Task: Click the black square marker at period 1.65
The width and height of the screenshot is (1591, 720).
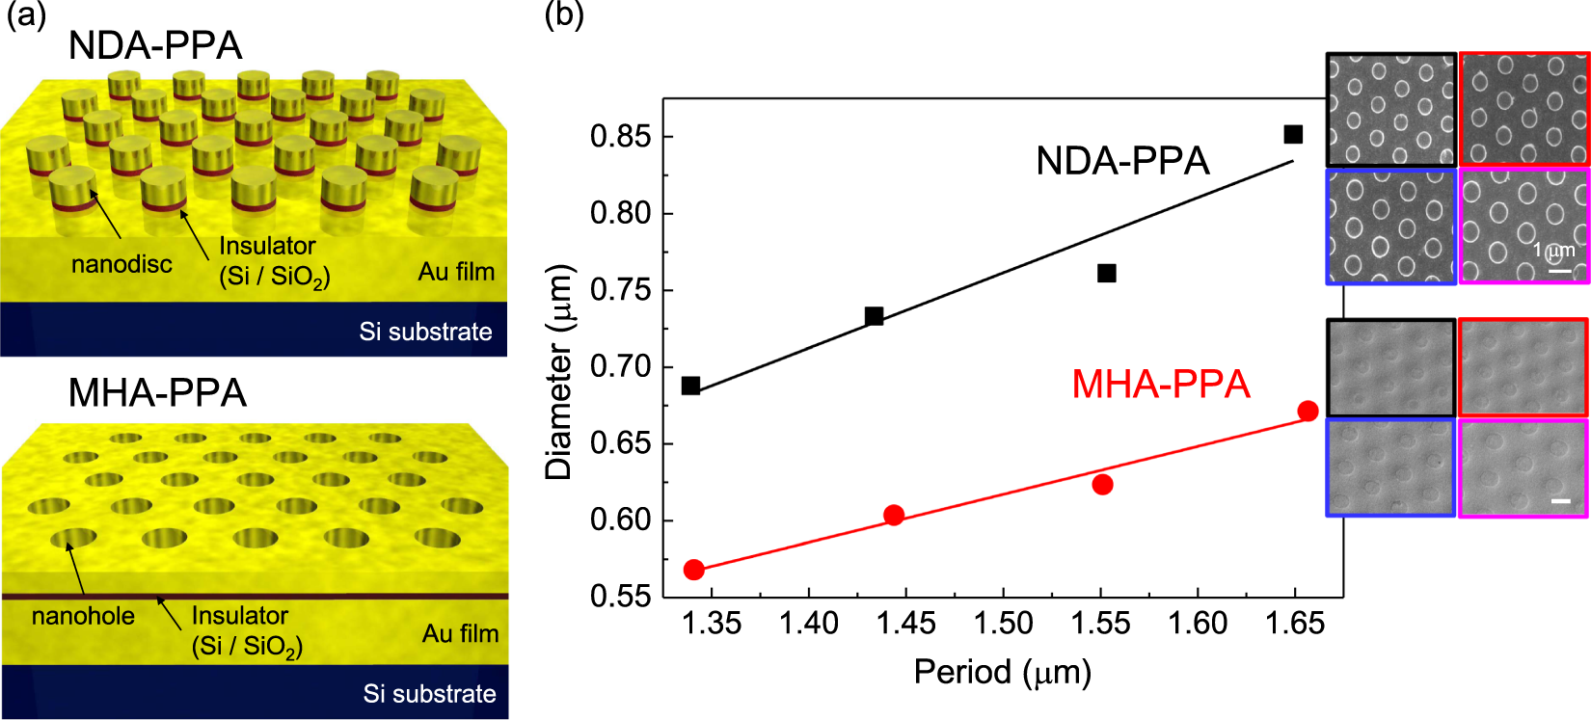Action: click(x=1293, y=134)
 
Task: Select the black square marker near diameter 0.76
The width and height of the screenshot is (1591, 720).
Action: click(x=1107, y=274)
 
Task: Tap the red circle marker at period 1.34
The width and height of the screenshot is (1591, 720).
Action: click(x=693, y=570)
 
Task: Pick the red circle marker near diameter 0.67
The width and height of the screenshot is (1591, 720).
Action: click(x=1308, y=412)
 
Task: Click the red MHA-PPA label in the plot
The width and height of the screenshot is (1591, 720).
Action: click(x=1160, y=385)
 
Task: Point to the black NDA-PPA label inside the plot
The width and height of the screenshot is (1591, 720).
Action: click(x=1122, y=161)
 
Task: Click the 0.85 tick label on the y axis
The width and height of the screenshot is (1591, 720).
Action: click(x=620, y=137)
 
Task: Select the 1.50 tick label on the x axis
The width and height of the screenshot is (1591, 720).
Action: click(x=1003, y=624)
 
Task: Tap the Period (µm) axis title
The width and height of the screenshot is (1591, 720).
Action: click(x=1002, y=672)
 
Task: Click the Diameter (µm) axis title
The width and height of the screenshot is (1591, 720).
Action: click(x=559, y=371)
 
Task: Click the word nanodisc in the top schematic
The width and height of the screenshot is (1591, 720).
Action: click(x=121, y=264)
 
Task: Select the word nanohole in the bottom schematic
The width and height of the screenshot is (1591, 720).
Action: click(x=83, y=616)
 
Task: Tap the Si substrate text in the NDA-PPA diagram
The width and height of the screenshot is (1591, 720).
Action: click(x=425, y=332)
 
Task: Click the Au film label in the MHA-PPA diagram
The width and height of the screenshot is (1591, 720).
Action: click(x=460, y=633)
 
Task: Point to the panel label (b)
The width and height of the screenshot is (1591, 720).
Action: click(x=564, y=14)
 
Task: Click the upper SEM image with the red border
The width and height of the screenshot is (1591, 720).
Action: click(x=1524, y=109)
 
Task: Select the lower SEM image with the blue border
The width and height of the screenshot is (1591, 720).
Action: click(x=1390, y=467)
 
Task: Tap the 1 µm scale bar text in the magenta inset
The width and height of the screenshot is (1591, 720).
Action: click(x=1553, y=251)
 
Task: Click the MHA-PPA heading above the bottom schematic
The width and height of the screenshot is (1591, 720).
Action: click(x=157, y=393)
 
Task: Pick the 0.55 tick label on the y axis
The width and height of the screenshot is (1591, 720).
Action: click(x=620, y=597)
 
